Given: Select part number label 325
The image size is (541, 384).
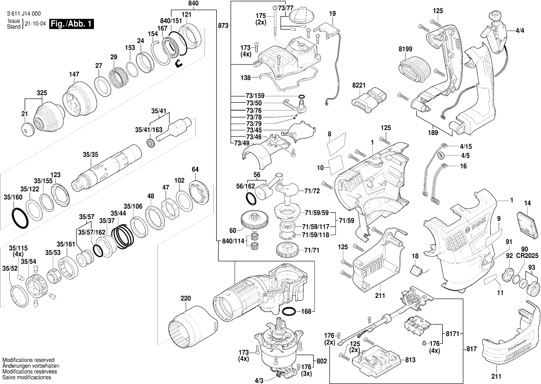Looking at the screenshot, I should coord(42,92).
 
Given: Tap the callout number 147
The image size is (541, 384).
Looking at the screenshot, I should coord(74,74).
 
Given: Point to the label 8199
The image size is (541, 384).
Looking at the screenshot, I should coord(406,50).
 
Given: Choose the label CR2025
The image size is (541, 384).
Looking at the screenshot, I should coord(528,256).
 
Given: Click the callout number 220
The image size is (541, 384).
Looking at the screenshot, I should coord(185,298).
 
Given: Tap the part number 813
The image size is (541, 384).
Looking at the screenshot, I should coord(410,360).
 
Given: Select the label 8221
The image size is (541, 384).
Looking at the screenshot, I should coord(359,85).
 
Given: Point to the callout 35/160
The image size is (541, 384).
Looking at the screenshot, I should coord(13,197).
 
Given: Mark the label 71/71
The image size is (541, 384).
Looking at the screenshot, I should coord(312,250).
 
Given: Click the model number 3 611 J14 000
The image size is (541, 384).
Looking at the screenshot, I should coord(24,15).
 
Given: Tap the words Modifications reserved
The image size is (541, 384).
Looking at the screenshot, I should coord(28,360).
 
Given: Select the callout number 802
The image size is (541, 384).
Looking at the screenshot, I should coord(321,361).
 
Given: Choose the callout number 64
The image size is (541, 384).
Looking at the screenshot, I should coord(195,169).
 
